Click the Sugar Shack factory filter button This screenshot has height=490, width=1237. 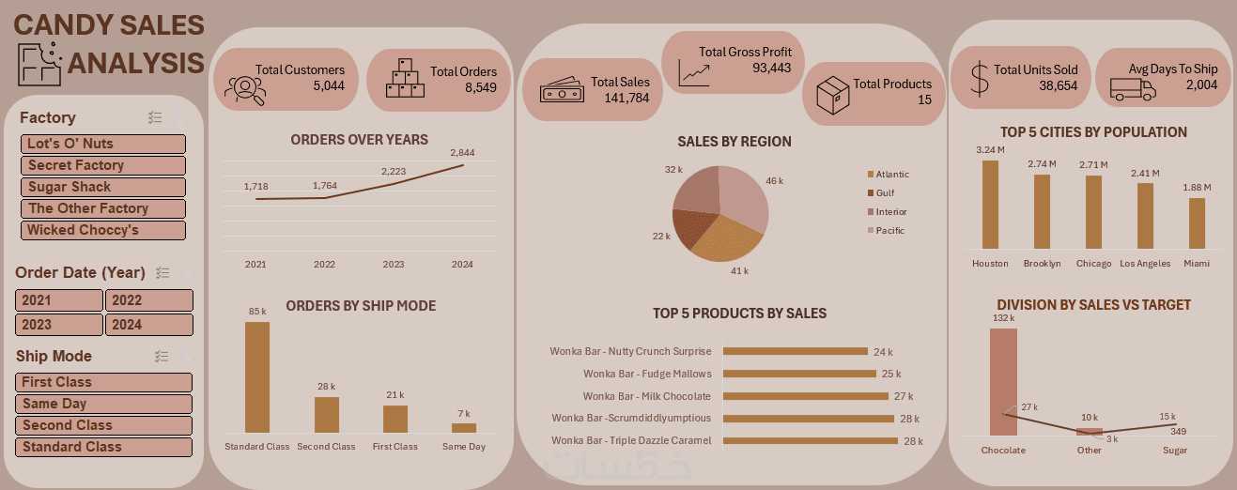[103, 187]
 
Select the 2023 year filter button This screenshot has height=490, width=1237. [59, 325]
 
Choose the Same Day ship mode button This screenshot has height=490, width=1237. [103, 404]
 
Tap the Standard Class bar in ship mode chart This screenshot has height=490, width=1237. [257, 376]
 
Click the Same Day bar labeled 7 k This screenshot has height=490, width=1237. [464, 427]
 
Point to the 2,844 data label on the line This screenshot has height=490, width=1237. [462, 152]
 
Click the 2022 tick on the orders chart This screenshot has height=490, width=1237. [324, 265]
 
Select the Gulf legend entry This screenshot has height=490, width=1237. [885, 192]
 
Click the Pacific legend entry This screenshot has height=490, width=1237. [889, 230]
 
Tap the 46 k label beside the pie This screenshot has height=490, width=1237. [774, 180]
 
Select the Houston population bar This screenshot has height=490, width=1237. [990, 205]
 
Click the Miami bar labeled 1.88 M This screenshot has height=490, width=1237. [1197, 223]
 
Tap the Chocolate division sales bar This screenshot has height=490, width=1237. [1003, 381]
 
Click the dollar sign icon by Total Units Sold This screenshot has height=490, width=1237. [980, 79]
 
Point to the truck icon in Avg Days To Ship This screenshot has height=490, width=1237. [1132, 89]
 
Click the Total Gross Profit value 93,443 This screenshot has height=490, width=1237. [771, 68]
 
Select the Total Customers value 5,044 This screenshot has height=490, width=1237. [329, 85]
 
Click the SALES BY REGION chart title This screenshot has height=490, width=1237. [734, 142]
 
